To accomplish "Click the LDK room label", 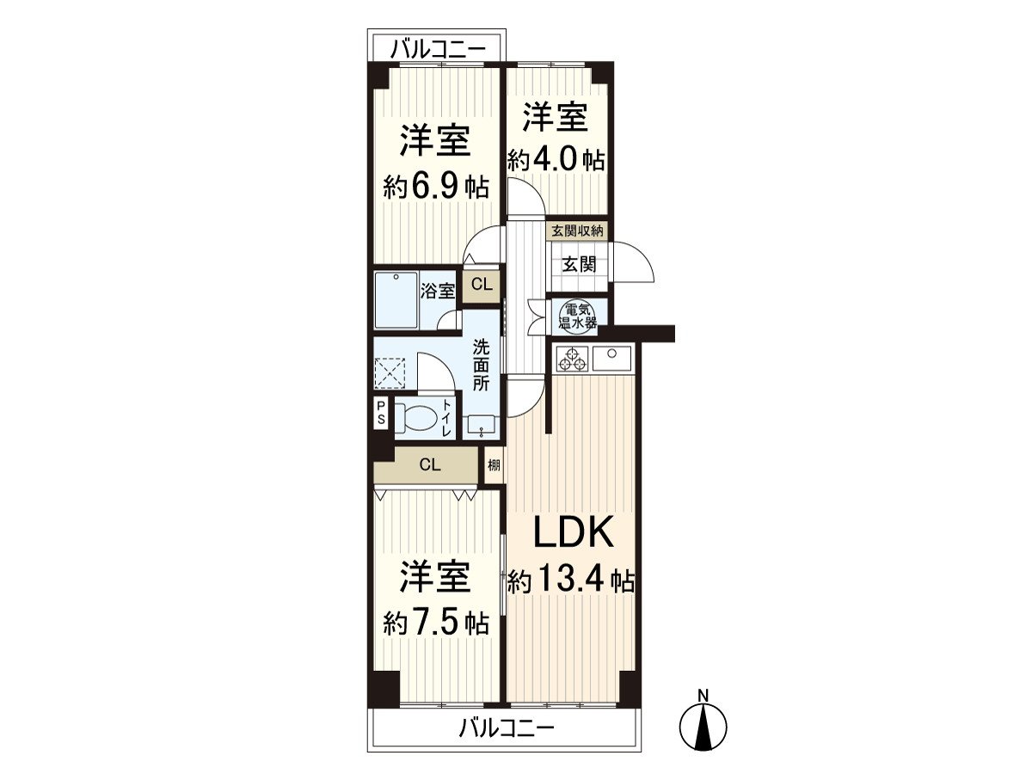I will coord(573,533).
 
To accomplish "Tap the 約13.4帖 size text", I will coord(571,582).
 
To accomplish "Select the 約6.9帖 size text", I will coord(436,187).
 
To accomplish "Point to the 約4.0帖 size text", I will coord(556,161).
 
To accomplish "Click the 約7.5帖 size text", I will coord(436,622).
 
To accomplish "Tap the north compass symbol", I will coord(703,724).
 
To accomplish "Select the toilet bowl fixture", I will coord(417,419).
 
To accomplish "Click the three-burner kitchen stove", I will coord(572,359).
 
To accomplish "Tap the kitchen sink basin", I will coord(613,353).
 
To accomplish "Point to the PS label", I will coord(380,415).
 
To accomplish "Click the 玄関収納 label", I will coord(578,230).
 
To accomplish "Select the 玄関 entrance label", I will coord(579,264).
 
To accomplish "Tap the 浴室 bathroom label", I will coord(438,291).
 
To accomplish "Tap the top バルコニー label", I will coord(437,49).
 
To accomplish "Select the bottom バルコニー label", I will coord(506,729).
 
